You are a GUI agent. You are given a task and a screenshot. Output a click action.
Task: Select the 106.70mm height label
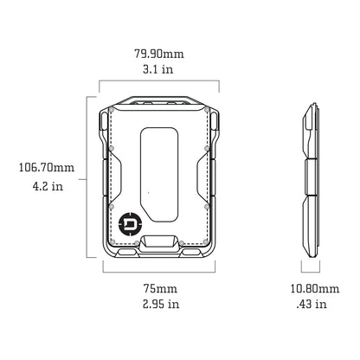[x=46, y=168]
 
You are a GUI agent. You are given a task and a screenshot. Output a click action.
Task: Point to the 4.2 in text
[x=46, y=184]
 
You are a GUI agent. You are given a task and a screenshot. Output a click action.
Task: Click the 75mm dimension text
[x=160, y=287]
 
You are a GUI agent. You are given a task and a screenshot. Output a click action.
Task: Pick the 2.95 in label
[x=160, y=304]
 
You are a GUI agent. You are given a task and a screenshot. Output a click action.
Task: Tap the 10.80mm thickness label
[x=309, y=287]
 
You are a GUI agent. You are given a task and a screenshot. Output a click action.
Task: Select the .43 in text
[x=309, y=304]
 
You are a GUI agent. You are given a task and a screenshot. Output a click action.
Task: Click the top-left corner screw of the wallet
[x=112, y=112]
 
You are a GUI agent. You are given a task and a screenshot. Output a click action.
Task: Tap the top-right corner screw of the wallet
[x=209, y=112]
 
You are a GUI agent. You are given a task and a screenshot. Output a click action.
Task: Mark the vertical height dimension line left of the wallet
[x=87, y=177]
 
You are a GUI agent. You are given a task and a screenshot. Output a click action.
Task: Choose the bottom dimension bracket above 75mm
[x=160, y=272]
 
